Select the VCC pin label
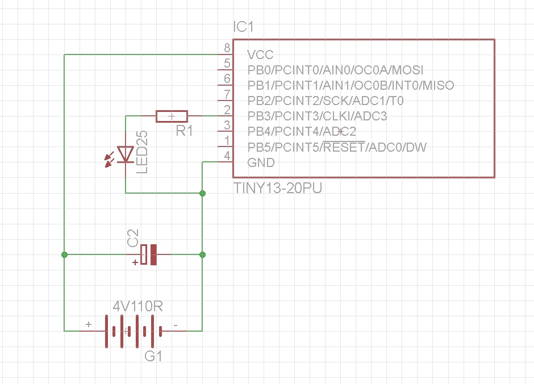point(260,55)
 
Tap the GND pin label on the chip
point(261,163)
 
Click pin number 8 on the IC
point(227,48)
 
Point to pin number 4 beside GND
point(227,156)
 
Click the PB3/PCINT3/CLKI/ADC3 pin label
point(317,116)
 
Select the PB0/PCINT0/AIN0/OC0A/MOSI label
point(335,70)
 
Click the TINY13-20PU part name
point(278,189)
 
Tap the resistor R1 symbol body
point(172,116)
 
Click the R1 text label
point(184,131)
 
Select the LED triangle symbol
point(125,154)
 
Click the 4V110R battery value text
point(138,307)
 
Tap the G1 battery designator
point(153,357)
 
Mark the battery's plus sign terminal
point(88,324)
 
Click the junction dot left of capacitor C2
point(65,254)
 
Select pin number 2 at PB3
point(227,109)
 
